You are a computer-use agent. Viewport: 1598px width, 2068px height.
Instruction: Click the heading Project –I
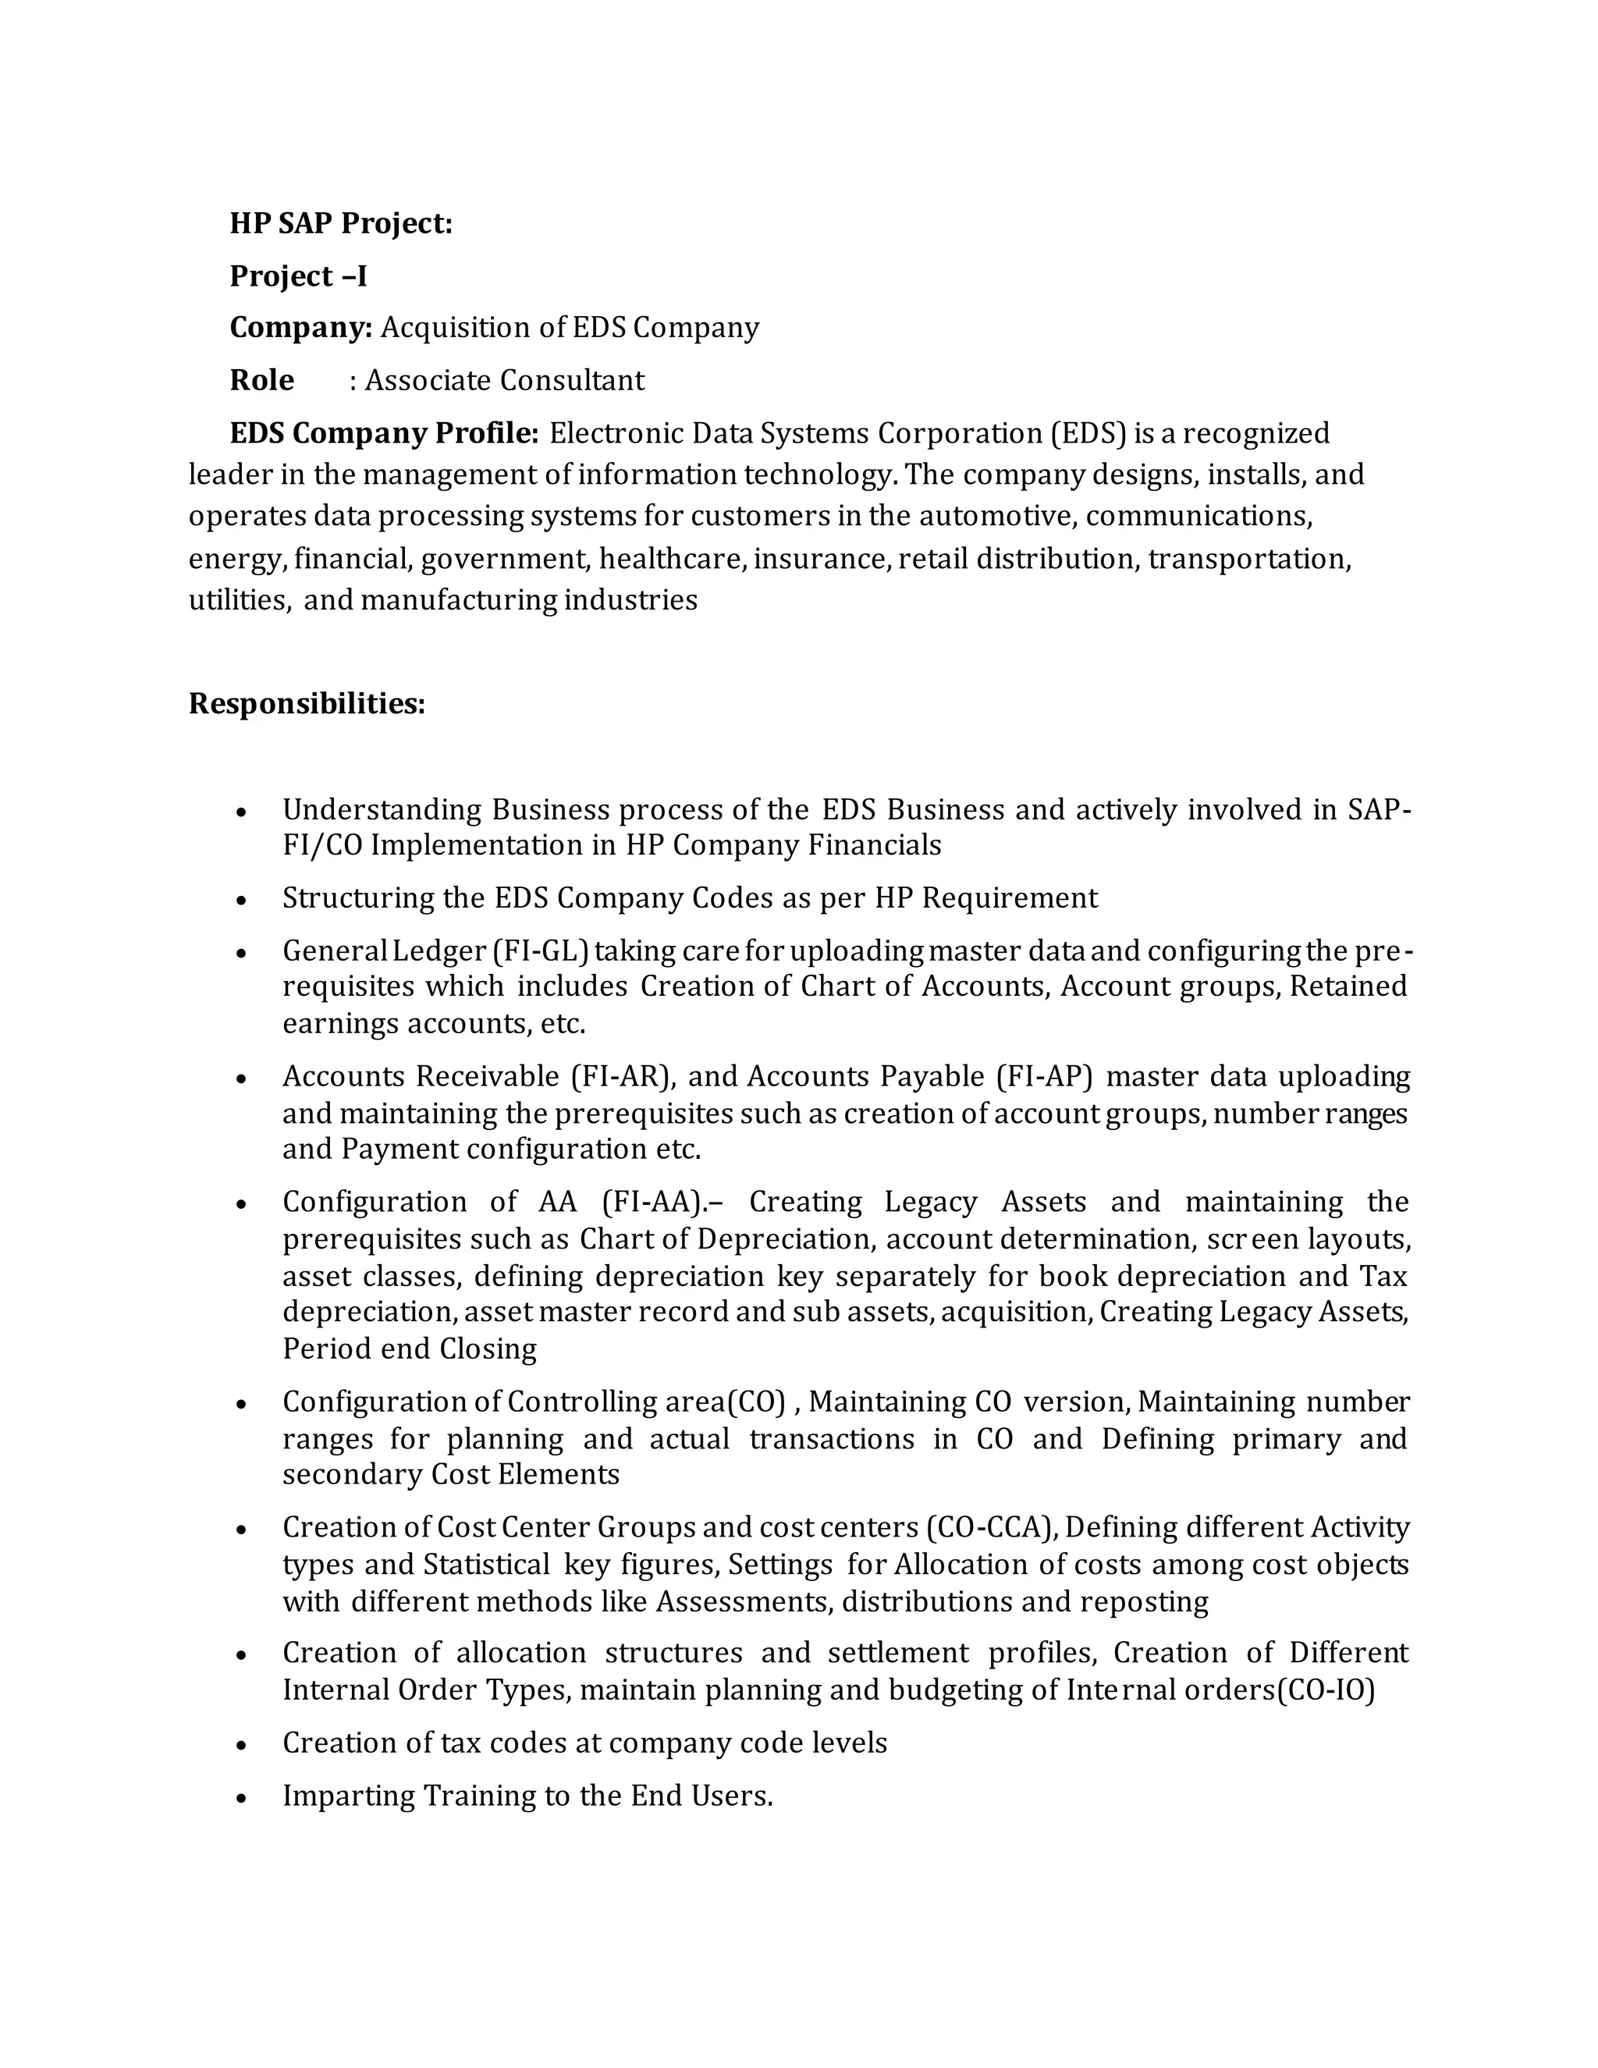pyautogui.click(x=298, y=275)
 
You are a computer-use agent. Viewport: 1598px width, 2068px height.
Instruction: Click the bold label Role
pyautogui.click(x=261, y=381)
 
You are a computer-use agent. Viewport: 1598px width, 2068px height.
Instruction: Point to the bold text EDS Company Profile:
pyautogui.click(x=383, y=434)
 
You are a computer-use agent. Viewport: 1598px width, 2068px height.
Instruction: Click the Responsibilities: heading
pyautogui.click(x=307, y=704)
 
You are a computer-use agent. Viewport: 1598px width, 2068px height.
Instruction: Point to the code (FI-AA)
pyautogui.click(x=653, y=1203)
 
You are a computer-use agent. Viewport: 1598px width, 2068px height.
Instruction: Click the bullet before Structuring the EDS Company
pyautogui.click(x=243, y=900)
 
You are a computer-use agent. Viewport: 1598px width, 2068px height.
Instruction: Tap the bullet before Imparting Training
pyautogui.click(x=243, y=1797)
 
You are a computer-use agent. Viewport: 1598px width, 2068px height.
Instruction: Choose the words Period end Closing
pyautogui.click(x=409, y=1349)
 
